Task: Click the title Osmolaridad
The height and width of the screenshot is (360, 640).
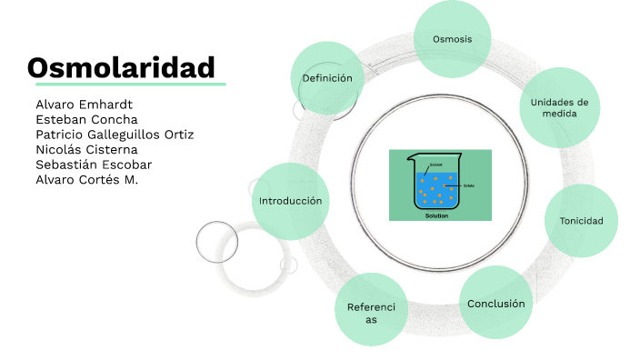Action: pos(121,67)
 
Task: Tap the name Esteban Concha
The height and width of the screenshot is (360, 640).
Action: pos(86,119)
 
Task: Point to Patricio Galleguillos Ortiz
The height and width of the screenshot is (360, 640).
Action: pos(115,135)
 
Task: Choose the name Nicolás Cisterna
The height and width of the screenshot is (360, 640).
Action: pos(86,149)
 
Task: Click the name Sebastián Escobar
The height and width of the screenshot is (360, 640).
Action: pos(94,165)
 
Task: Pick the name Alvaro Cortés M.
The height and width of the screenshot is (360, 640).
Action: pos(93,179)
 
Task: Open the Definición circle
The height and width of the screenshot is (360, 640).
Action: pos(327,78)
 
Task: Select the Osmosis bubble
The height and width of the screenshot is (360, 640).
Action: pos(453,38)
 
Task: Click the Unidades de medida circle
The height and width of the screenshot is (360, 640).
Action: pos(559,108)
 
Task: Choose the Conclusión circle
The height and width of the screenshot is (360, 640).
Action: pos(495,303)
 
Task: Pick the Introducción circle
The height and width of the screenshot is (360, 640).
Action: pos(290,200)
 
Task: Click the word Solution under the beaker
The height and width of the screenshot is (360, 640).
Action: pos(438,215)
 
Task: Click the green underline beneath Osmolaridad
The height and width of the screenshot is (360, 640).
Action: pos(125,85)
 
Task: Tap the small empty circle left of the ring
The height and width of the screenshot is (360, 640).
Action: pos(217,241)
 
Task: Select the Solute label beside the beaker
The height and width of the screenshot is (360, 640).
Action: pos(469,185)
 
